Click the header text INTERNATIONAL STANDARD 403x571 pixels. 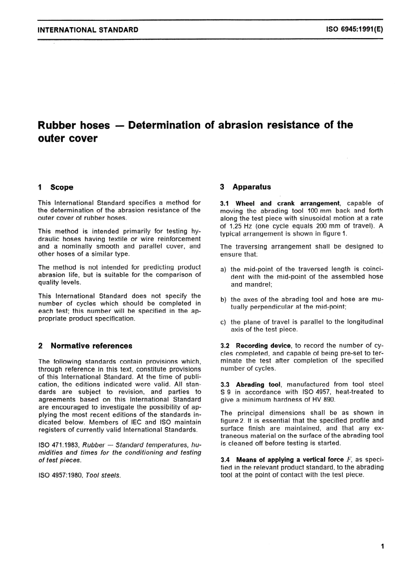click(88, 30)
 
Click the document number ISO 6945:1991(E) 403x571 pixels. click(355, 30)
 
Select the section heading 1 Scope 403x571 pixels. click(56, 187)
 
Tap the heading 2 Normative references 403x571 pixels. click(85, 346)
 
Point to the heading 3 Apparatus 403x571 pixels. click(246, 187)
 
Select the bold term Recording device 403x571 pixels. click(263, 346)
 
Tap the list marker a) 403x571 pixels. click(223, 269)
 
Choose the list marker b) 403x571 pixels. click(223, 299)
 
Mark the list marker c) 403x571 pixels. click(223, 322)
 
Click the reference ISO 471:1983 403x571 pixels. click(59, 445)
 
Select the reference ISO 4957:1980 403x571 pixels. click(61, 475)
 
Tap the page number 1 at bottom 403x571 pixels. click(382, 546)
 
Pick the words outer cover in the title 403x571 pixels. click(68, 139)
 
